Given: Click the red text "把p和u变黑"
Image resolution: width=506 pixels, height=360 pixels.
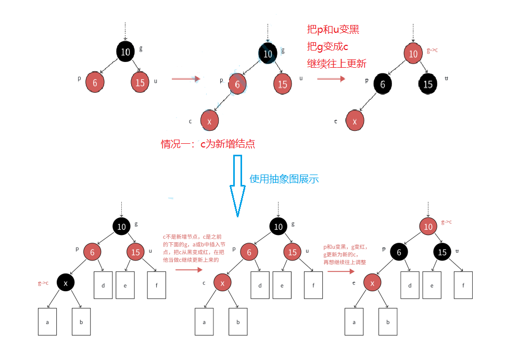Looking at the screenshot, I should click(x=333, y=30).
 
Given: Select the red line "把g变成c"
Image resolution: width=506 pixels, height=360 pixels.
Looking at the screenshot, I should click(x=327, y=47).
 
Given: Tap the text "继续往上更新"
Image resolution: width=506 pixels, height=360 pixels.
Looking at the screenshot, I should click(x=337, y=64).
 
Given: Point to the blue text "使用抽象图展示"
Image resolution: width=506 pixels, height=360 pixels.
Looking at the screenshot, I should click(x=284, y=179).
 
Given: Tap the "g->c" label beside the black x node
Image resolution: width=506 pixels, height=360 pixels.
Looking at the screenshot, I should click(x=43, y=283).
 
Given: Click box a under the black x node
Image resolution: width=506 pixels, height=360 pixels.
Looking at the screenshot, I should click(x=47, y=321).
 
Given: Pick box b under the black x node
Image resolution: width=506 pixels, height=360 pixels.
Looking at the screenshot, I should click(x=81, y=321).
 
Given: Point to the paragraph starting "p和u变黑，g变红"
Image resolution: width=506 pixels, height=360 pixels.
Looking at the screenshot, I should click(x=346, y=254).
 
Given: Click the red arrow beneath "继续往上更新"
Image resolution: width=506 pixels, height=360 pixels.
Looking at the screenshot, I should click(x=332, y=79).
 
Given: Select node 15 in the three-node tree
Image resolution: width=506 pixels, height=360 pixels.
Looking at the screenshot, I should click(x=140, y=82).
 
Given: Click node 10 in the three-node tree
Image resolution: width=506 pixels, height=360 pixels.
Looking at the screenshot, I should click(x=125, y=51).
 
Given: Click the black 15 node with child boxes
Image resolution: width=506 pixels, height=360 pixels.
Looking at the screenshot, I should click(x=443, y=253).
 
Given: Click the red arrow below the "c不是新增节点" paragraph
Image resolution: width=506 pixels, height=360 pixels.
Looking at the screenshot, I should click(x=188, y=270).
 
